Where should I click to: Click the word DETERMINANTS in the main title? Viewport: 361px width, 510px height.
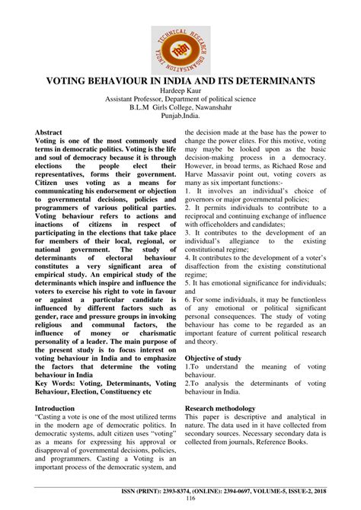coord(264,80)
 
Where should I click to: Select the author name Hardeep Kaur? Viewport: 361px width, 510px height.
coord(180,91)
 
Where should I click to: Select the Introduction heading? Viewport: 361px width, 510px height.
coord(60,409)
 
